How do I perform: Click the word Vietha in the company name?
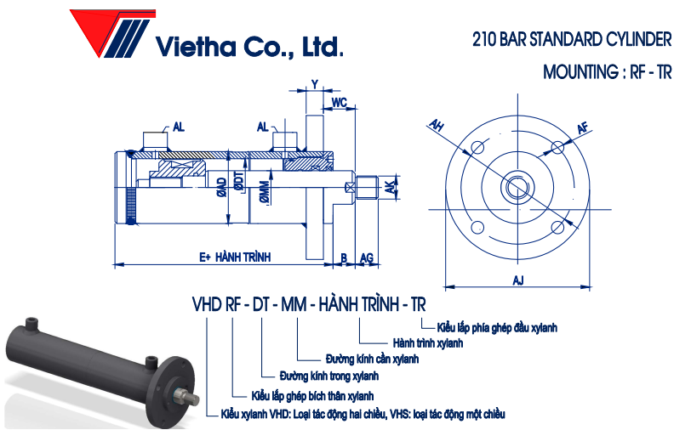click(197, 46)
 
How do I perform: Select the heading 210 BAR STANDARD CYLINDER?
click(572, 39)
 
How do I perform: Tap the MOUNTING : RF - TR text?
click(607, 71)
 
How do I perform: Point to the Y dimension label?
click(315, 84)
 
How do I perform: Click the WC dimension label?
click(339, 103)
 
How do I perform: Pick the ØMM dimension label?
click(264, 192)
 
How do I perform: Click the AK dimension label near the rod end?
click(391, 187)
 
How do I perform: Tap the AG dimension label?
click(367, 257)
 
